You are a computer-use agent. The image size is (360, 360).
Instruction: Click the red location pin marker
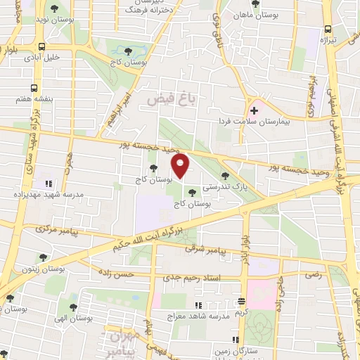181,167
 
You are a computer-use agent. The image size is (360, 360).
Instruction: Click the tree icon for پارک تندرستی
224,176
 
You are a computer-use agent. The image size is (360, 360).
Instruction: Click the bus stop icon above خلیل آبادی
43,46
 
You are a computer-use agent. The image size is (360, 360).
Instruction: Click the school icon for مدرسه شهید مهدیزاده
47,175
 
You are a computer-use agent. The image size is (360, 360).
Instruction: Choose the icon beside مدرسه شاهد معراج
198,304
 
